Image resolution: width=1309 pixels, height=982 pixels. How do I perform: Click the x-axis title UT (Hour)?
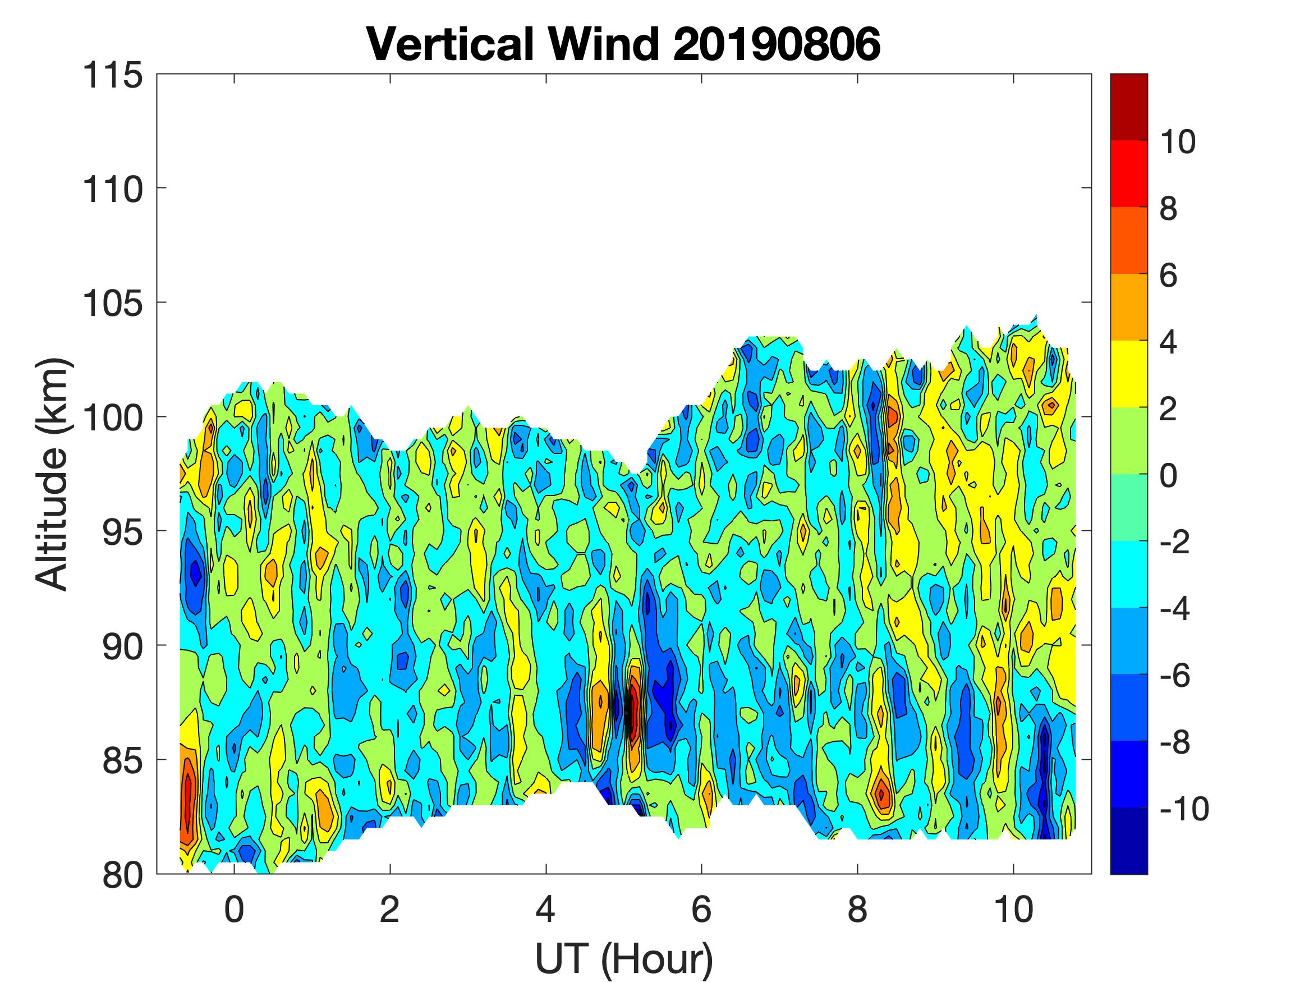[x=624, y=959]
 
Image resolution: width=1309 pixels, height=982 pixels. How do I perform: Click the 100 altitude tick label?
[x=113, y=418]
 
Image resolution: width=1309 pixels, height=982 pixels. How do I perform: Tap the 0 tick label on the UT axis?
[x=235, y=910]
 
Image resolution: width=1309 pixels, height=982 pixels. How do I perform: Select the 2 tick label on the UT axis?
[x=390, y=910]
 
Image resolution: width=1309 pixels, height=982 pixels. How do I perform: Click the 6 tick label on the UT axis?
[x=702, y=910]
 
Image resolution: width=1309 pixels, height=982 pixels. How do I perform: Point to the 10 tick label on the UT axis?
[x=1014, y=910]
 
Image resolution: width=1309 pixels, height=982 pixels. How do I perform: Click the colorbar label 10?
[x=1177, y=142]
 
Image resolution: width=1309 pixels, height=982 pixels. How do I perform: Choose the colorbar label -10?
[x=1183, y=809]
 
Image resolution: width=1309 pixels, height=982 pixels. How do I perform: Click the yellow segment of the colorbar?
[x=1128, y=374]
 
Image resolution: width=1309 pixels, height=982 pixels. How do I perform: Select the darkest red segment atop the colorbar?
[x=1128, y=107]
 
